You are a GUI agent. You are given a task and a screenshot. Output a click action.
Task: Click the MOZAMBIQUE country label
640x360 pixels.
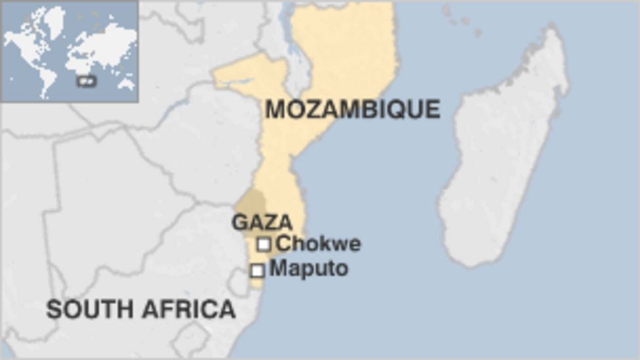[x=352, y=109]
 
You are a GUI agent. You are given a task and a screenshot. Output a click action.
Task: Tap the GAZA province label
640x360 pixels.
[x=262, y=222]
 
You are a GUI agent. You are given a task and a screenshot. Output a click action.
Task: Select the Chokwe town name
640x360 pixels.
[x=318, y=244]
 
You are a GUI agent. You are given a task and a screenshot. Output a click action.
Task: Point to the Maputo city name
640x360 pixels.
[x=309, y=268]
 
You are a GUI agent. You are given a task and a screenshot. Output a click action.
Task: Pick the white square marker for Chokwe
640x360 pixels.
[x=264, y=245]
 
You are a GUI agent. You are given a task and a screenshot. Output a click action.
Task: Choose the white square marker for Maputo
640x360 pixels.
[x=258, y=270]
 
